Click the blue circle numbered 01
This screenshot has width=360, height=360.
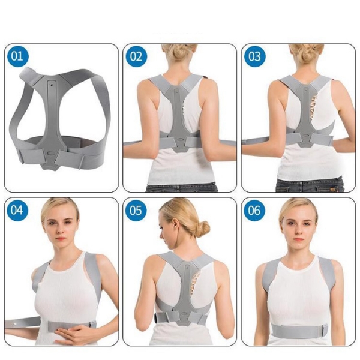[x=17, y=56]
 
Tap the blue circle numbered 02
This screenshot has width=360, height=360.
[x=136, y=56]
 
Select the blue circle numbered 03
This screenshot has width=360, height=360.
[x=255, y=56]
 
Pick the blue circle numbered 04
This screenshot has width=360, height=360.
[x=17, y=210]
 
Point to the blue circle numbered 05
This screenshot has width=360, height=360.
[x=136, y=210]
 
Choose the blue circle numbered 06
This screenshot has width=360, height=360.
[x=254, y=210]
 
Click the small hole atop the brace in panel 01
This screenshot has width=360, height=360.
[x=52, y=85]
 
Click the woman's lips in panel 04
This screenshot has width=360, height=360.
[x=60, y=239]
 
